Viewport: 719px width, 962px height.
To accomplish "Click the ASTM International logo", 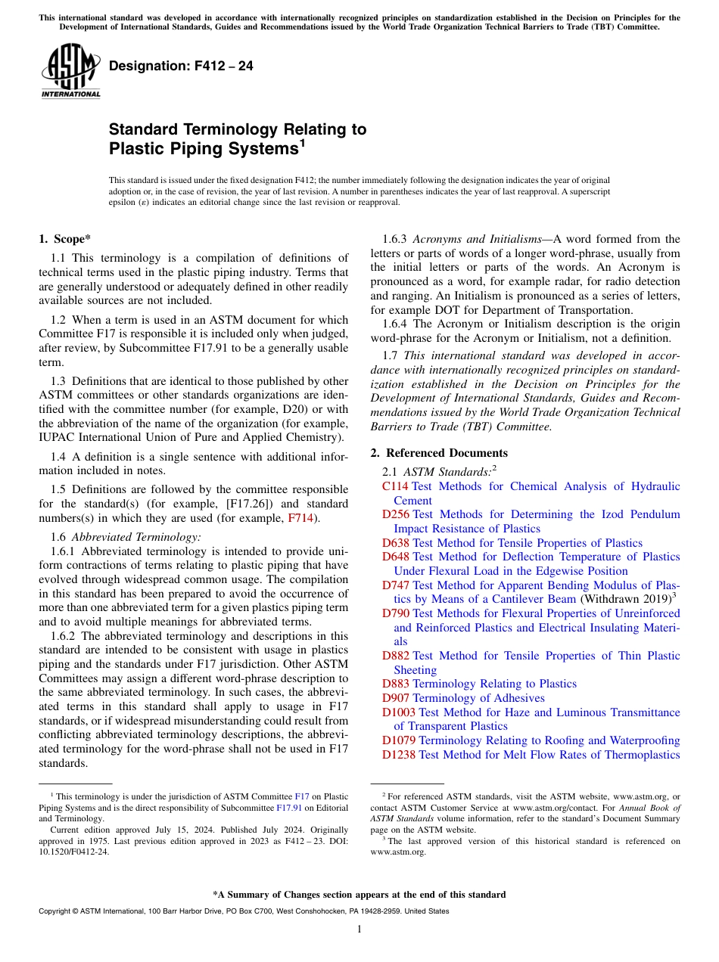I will pos(70,72).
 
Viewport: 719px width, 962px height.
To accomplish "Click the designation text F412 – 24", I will pos(181,67).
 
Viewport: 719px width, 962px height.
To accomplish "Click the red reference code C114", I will pos(395,486).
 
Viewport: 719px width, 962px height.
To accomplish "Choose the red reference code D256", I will pos(396,514).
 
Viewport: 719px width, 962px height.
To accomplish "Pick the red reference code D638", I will pos(396,543).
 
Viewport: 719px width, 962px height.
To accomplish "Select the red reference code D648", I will pos(396,557).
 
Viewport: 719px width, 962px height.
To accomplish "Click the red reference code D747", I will pos(396,585).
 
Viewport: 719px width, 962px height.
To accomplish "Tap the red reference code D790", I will pos(396,613).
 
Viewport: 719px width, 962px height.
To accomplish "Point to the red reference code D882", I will pos(396,656).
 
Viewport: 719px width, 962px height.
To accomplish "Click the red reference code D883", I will pos(396,684).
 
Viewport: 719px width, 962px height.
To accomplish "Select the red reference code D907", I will pos(396,698).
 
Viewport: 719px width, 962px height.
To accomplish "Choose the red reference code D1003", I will pos(399,712).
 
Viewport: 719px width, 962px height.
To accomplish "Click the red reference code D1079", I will pos(399,740).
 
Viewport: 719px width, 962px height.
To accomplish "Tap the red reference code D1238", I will pos(399,755).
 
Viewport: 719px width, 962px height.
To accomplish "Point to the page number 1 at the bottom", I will pos(359,929).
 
